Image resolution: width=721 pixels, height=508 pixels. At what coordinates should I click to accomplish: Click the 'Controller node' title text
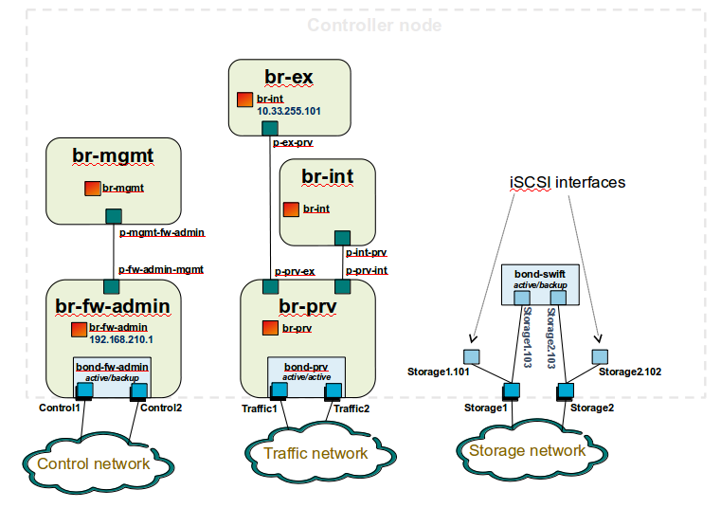click(374, 26)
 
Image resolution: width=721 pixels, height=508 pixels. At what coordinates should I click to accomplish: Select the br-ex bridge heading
click(290, 76)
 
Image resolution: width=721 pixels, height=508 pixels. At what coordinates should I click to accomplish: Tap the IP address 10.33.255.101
click(289, 111)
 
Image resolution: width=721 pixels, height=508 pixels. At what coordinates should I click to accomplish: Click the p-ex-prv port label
click(293, 143)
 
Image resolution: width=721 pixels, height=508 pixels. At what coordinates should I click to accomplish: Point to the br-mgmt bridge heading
click(113, 154)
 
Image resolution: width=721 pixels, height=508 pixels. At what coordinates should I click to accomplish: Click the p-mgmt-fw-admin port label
click(162, 231)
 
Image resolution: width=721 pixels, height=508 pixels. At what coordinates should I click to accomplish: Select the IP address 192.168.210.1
click(121, 338)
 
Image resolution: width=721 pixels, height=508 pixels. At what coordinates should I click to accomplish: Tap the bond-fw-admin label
click(113, 366)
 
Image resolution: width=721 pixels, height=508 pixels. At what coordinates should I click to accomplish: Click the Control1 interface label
click(60, 408)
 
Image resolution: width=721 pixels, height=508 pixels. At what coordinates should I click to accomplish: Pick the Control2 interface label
click(161, 408)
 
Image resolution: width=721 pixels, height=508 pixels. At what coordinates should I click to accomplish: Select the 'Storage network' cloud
click(527, 450)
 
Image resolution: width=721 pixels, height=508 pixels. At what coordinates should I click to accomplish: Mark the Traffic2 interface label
click(351, 408)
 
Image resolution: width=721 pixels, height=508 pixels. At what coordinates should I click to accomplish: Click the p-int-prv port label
click(366, 253)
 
